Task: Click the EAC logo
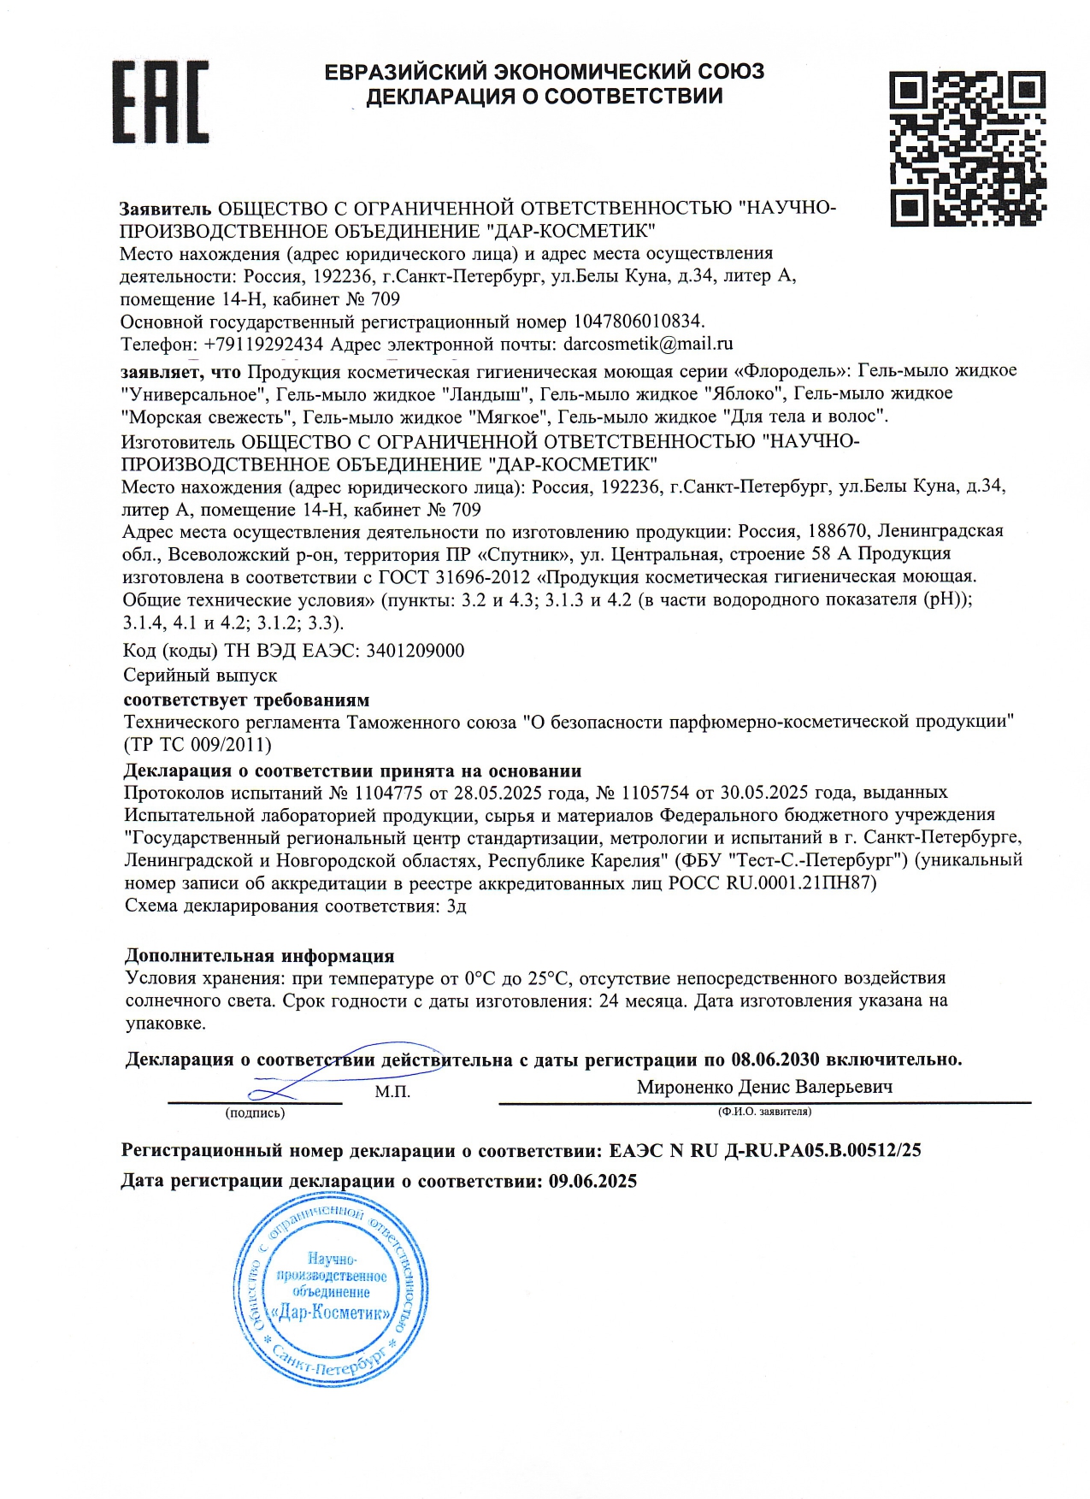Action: [x=160, y=102]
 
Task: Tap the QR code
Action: [x=967, y=149]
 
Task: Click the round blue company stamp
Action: [x=331, y=1301]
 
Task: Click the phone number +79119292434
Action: [x=263, y=345]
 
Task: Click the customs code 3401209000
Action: [x=415, y=651]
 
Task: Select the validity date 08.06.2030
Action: [x=775, y=1059]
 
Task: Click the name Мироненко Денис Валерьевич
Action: [x=764, y=1087]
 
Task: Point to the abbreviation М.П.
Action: [x=392, y=1092]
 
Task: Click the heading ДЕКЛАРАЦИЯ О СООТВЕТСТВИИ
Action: [x=545, y=97]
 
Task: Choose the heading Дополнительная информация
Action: [x=260, y=955]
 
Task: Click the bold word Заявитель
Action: [x=165, y=209]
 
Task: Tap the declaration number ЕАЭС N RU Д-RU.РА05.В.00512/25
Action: [x=765, y=1150]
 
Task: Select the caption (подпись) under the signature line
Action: [x=255, y=1112]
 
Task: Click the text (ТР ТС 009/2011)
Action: [x=197, y=745]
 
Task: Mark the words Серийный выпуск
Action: [x=200, y=675]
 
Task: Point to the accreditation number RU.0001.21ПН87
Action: [x=801, y=882]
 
